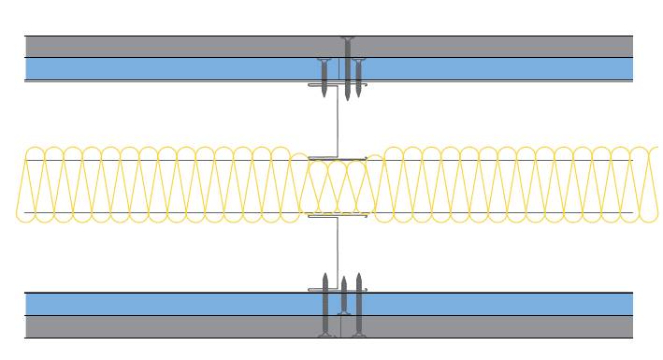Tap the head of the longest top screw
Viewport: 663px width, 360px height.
coord(348,39)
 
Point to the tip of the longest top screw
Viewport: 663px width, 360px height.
coord(348,99)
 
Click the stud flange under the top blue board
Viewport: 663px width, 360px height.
coord(338,85)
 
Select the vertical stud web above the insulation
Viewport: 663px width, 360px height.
coord(338,122)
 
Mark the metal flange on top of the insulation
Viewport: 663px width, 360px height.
coord(338,157)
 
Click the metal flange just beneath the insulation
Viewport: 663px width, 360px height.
coord(338,217)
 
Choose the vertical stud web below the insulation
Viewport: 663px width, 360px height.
coord(338,252)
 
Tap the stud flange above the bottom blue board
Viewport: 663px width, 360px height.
coord(338,290)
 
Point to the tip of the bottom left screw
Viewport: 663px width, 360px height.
coord(324,275)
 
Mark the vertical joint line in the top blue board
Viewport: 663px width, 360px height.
coord(339,68)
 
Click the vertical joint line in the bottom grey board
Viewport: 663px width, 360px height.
coord(339,326)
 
